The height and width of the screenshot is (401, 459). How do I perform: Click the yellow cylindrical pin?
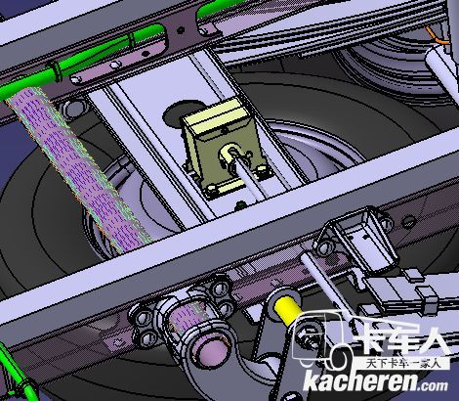tap(286, 310)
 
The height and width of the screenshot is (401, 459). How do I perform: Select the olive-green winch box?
tap(225, 147)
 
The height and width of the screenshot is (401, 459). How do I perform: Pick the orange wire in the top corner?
tap(437, 35)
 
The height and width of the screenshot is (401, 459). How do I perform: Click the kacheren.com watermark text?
tap(375, 382)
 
